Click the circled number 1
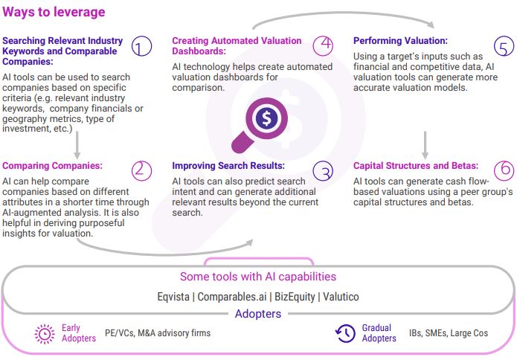[141, 47]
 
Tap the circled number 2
[141, 170]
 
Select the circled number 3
[323, 171]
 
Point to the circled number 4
[322, 45]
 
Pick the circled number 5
[504, 48]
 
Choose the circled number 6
[504, 170]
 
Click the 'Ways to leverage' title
[54, 12]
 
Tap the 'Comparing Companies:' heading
[52, 166]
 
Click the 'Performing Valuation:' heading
[400, 41]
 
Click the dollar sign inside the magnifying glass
[266, 117]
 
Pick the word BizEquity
[295, 297]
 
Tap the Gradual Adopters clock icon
[346, 334]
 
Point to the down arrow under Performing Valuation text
[425, 142]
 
